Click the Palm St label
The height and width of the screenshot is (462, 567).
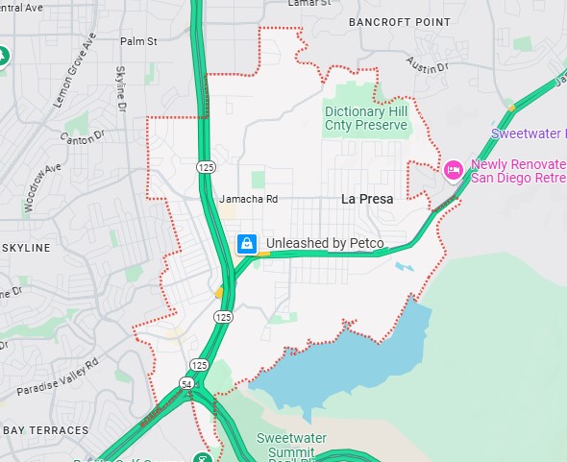click(138, 41)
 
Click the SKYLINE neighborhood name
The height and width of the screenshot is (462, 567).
click(26, 248)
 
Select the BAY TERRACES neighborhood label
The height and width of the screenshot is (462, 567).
click(45, 430)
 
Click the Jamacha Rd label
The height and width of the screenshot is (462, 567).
click(248, 199)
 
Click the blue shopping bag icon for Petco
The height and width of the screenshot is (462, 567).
click(247, 243)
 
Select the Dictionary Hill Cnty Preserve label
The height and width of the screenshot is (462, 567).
click(367, 118)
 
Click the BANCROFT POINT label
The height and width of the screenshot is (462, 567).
click(399, 21)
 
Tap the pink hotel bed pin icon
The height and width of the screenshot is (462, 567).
click(454, 170)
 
